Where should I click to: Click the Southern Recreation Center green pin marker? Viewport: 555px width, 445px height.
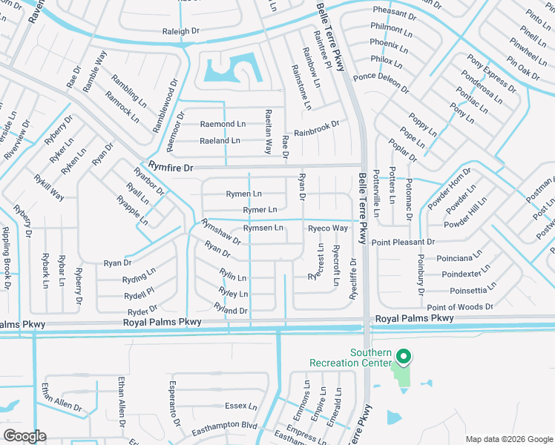point(403,357)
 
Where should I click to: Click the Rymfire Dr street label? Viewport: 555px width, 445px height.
point(171,168)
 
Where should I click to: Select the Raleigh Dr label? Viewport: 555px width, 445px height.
point(181,32)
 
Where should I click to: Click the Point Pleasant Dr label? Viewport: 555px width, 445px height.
point(403,243)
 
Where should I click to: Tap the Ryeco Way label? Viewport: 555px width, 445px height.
point(328,228)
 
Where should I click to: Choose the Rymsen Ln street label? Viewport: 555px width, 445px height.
point(263,228)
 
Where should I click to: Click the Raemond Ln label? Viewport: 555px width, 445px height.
point(223,124)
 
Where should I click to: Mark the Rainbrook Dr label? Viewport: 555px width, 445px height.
point(316,128)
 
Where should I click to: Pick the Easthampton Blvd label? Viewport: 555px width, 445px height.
point(223,426)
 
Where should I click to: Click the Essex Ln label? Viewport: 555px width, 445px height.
point(240,406)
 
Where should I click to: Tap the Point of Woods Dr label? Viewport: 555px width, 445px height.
point(460,307)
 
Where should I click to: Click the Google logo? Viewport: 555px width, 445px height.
point(24,436)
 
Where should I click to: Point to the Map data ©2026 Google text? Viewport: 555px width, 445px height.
point(508,439)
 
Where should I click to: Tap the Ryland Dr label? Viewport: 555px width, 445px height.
point(230,310)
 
